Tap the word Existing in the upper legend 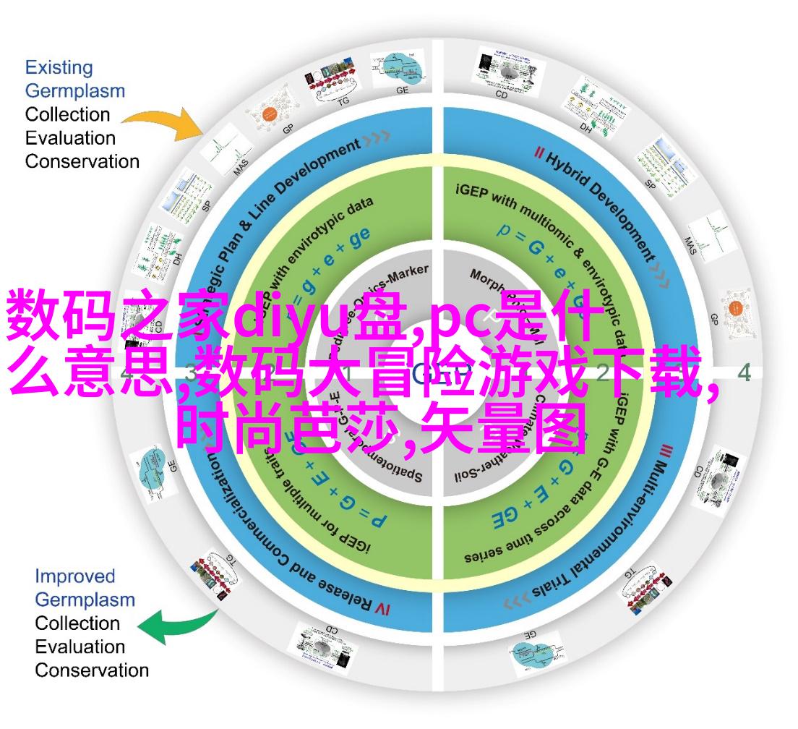point(59,68)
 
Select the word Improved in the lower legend point(75,576)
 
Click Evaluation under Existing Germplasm point(70,137)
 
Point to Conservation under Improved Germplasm point(92,670)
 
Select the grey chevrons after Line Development point(377,137)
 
